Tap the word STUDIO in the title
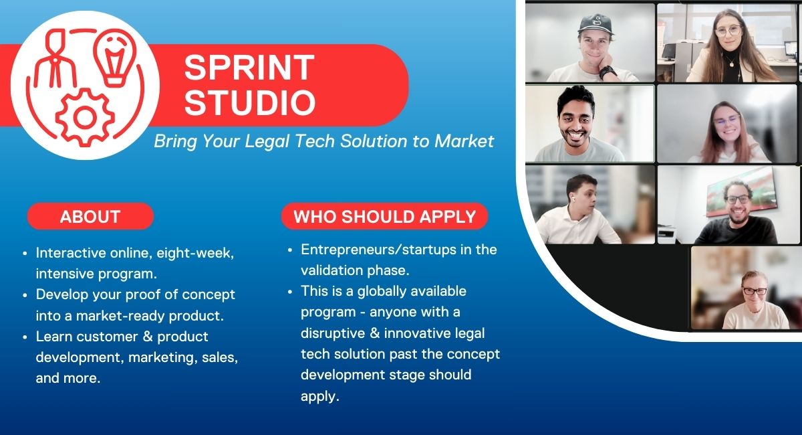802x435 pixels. coord(250,102)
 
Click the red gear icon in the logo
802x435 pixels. coord(85,118)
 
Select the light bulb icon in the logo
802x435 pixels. coord(115,58)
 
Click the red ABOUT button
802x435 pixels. coord(90,216)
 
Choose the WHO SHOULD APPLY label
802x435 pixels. coord(384,216)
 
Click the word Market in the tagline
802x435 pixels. coord(464,141)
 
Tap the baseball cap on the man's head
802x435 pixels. coord(595,24)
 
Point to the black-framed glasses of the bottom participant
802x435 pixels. coord(755,291)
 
